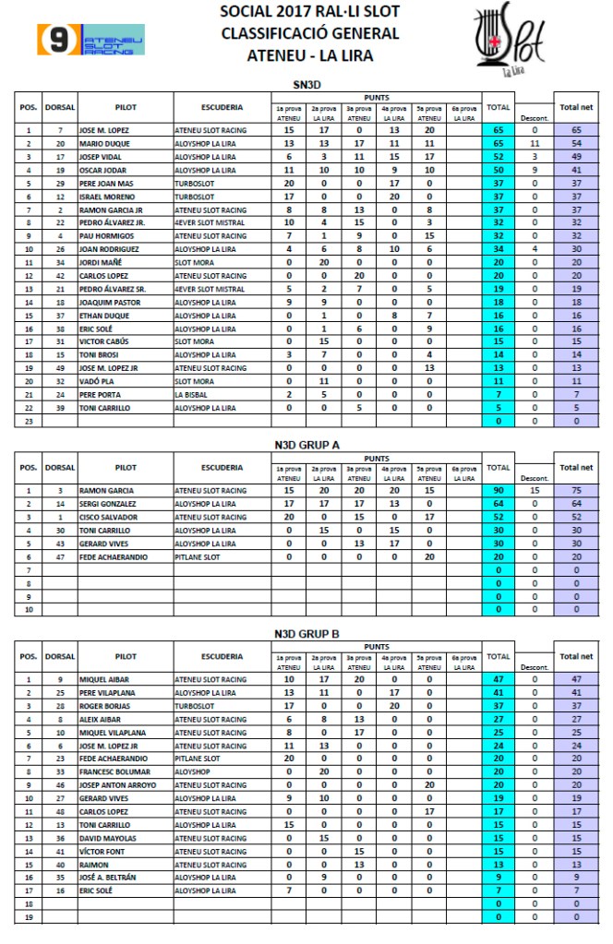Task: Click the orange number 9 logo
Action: (57, 40)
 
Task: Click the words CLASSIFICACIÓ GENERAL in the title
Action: (309, 33)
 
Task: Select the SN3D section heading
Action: (307, 85)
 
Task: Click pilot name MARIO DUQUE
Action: (103, 144)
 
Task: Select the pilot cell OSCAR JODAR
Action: (102, 171)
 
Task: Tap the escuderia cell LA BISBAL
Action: (192, 394)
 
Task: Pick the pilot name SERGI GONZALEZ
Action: (108, 504)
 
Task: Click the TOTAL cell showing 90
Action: (499, 490)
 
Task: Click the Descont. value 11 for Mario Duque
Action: (535, 144)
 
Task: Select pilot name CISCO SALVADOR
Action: (108, 517)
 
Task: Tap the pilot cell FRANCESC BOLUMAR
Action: (112, 771)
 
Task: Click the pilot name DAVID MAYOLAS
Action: (107, 838)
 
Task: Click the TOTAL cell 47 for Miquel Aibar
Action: (499, 678)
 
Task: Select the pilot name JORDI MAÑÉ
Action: (101, 262)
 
